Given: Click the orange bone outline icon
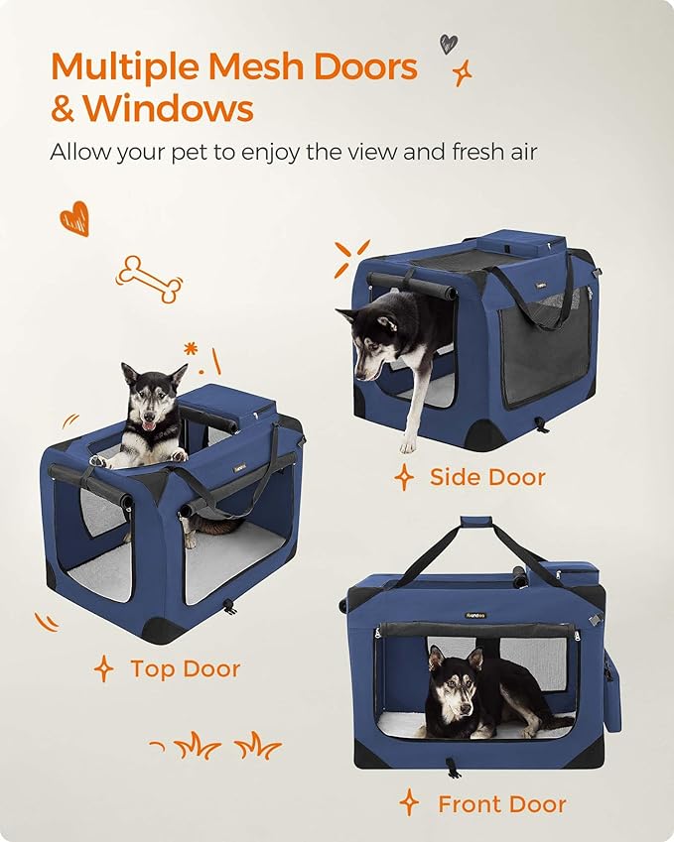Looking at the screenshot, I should coord(150,279).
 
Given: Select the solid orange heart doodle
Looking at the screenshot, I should coord(74,218).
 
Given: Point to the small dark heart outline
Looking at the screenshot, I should coord(449,44).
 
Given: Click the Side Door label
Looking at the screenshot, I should coord(487,477).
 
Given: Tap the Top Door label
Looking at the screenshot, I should coord(185,668).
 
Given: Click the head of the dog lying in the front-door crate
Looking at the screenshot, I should coord(451,682).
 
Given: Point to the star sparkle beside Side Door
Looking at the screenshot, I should coord(404,478).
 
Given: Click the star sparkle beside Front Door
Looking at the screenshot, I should coord(409,802).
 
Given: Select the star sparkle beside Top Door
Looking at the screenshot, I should coord(103,668).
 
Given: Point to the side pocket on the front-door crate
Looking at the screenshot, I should coord(611,684).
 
